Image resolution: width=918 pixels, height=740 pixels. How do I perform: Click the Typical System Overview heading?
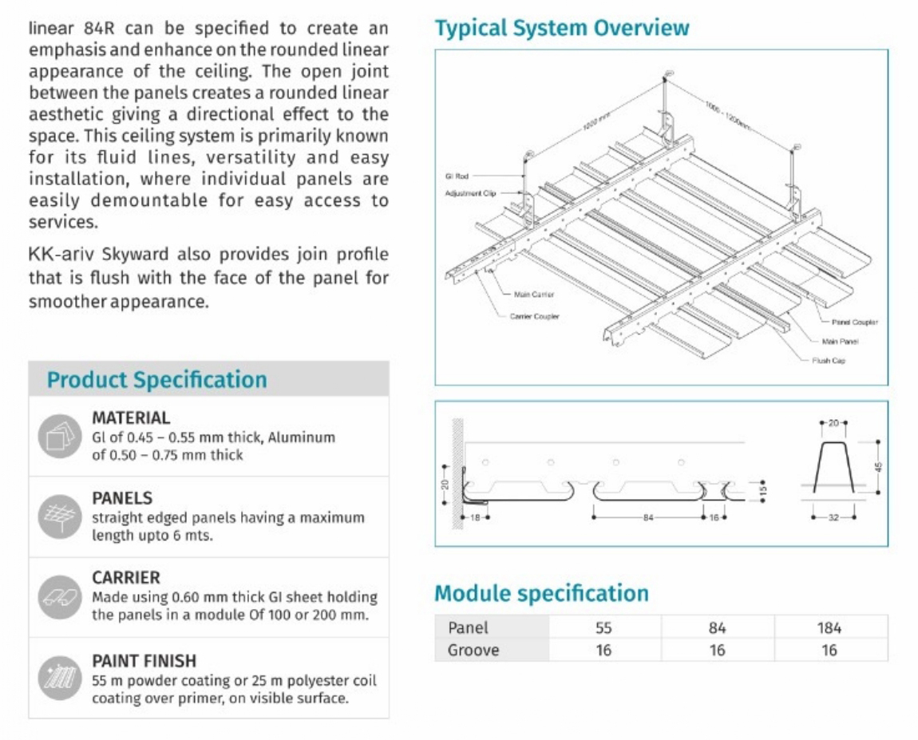point(561,29)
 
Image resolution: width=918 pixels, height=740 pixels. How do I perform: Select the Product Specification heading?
point(157,380)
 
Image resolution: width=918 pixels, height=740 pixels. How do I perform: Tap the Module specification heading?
point(541,594)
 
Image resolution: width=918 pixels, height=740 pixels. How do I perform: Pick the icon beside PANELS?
point(60,517)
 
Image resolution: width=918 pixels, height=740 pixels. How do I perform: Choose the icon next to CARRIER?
point(60,597)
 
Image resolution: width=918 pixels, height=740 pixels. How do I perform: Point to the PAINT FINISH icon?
point(60,679)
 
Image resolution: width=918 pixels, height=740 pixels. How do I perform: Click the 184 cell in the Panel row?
point(829,627)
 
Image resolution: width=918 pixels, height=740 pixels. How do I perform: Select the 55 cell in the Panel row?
point(603,627)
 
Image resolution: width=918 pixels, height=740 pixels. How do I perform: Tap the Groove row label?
point(473,650)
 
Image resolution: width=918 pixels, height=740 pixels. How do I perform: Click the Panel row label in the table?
point(468,627)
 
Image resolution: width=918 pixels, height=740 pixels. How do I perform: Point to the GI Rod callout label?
point(456,176)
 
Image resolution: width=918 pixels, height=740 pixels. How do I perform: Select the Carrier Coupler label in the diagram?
point(534,316)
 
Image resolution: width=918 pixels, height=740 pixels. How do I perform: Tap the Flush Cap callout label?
point(828,361)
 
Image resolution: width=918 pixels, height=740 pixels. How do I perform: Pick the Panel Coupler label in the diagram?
point(854,323)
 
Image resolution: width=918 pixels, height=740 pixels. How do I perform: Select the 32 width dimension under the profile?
point(833,518)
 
